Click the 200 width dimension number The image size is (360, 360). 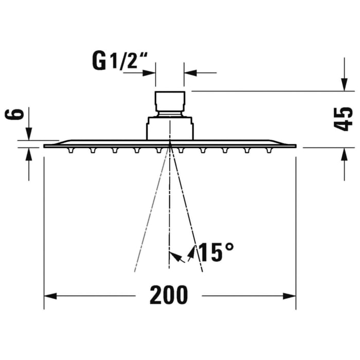coord(169,295)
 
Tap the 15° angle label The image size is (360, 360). coord(216,253)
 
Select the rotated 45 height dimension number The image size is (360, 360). coord(345,119)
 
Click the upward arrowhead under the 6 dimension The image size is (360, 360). coord(29,153)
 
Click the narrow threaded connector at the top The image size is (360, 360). coord(169,101)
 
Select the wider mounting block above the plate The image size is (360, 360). coord(170,128)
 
